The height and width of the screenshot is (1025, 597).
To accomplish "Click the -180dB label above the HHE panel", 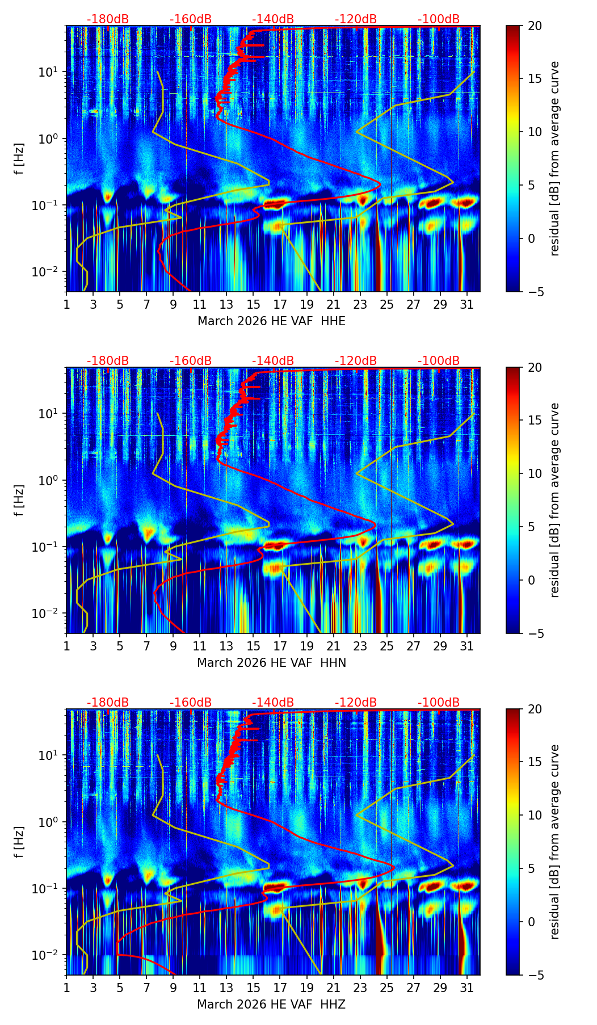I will (x=108, y=19).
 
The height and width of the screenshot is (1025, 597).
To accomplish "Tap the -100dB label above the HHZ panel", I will (x=439, y=703).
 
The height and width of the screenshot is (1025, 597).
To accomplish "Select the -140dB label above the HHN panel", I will (x=273, y=361).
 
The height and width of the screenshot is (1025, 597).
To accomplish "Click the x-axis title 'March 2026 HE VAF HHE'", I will (x=271, y=321).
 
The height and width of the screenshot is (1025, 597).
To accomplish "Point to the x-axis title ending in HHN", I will (x=271, y=663).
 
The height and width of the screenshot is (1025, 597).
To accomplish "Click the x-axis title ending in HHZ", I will (x=271, y=1005).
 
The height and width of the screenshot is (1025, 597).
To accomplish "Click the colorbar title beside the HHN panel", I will (x=555, y=500).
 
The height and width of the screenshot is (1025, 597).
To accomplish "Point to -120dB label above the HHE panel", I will (x=356, y=19).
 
